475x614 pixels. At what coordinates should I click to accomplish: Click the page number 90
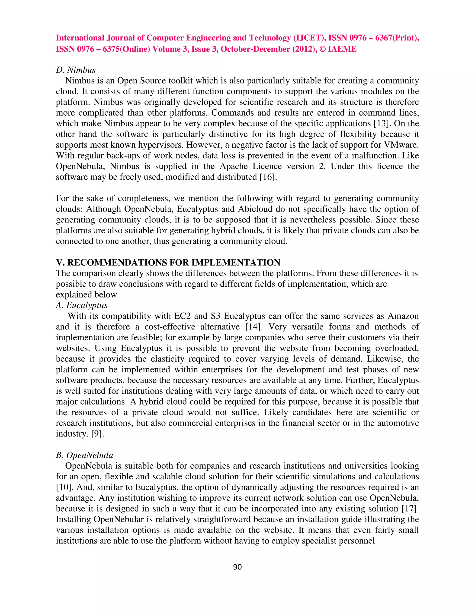tap(237, 567)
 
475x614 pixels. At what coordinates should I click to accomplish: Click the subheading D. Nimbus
tap(76, 70)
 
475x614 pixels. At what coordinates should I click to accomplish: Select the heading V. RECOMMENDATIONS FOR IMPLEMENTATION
tap(168, 262)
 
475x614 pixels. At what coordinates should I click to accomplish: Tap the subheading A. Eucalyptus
tap(82, 305)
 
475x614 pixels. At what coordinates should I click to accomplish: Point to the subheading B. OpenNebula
tap(84, 455)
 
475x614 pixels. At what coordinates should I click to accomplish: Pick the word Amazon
tap(403, 316)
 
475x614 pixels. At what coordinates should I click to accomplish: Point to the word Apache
tap(234, 166)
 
